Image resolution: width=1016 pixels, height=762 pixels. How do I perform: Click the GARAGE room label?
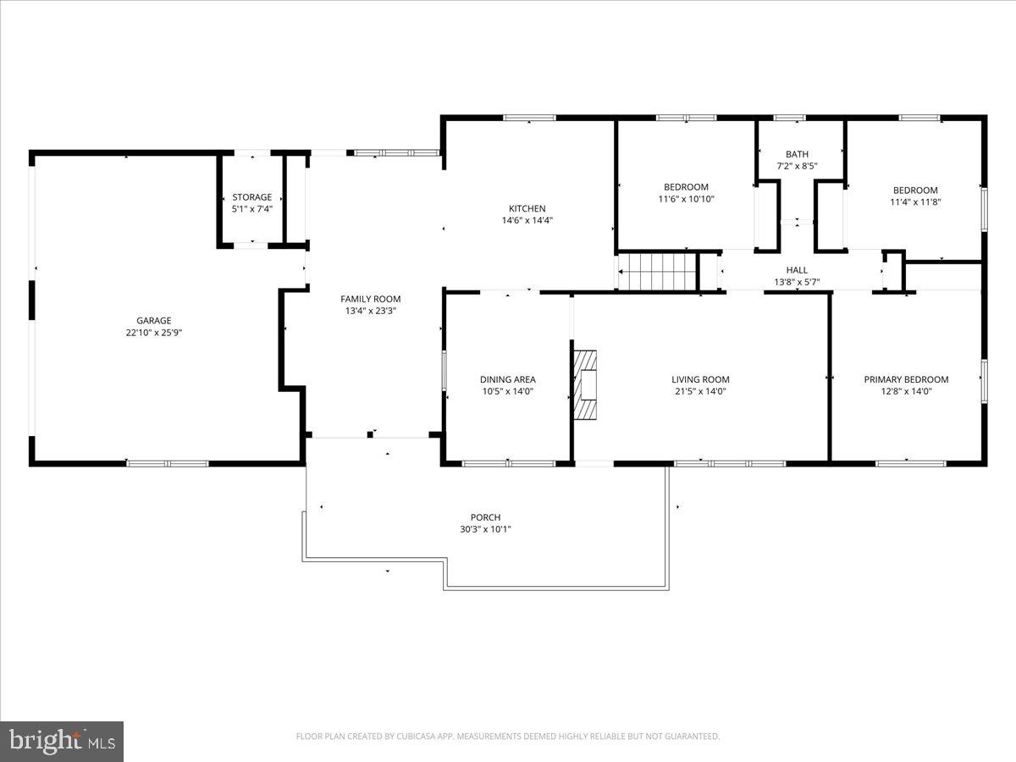pyautogui.click(x=154, y=321)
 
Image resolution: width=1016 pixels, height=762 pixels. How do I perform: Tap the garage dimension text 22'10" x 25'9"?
pyautogui.click(x=154, y=333)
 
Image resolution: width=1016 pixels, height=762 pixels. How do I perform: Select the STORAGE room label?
pyautogui.click(x=252, y=197)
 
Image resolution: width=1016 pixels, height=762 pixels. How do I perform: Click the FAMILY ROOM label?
pyautogui.click(x=371, y=299)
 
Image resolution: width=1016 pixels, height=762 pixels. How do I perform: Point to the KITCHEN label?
pyautogui.click(x=527, y=208)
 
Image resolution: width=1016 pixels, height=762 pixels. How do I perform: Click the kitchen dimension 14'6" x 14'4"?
pyautogui.click(x=527, y=220)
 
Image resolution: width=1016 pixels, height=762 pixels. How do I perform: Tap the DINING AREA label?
pyautogui.click(x=508, y=379)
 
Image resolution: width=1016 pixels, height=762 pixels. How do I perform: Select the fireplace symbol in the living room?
pyautogui.click(x=585, y=385)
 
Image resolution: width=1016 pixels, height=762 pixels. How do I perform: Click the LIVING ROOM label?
pyautogui.click(x=701, y=379)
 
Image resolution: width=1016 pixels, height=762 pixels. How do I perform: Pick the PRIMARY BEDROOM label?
pyautogui.click(x=906, y=379)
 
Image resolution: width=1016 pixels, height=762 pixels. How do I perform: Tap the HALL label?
pyautogui.click(x=797, y=270)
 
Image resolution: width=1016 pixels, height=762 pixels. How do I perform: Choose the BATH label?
pyautogui.click(x=797, y=154)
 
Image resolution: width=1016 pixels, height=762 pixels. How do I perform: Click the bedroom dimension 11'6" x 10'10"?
pyautogui.click(x=686, y=199)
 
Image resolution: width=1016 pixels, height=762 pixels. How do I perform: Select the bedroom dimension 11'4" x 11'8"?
pyautogui.click(x=915, y=202)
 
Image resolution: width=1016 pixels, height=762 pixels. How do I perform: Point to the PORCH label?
pyautogui.click(x=486, y=517)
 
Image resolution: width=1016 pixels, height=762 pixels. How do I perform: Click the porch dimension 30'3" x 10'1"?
pyautogui.click(x=486, y=529)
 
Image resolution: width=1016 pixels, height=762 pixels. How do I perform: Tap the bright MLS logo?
pyautogui.click(x=62, y=741)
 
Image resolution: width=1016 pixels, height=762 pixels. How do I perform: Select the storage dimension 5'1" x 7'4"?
pyautogui.click(x=252, y=208)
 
